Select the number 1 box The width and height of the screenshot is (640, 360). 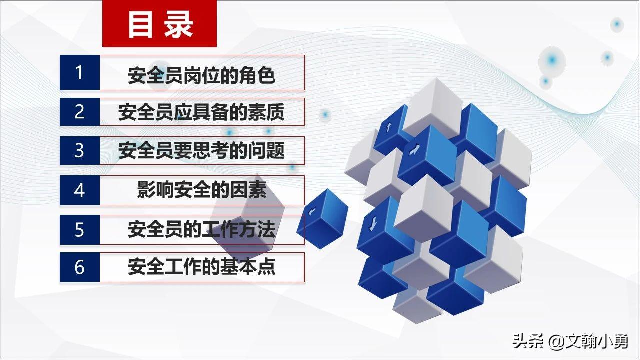point(80,73)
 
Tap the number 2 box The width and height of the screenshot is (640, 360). point(80,112)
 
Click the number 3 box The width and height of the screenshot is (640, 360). point(80,150)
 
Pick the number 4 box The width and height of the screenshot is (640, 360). point(80,190)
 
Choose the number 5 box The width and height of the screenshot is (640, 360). point(80,230)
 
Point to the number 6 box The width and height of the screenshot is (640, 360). point(80,267)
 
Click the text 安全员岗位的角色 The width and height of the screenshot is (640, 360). point(201,76)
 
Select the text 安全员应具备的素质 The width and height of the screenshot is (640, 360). point(201,112)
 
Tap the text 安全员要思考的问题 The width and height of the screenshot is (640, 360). point(201,151)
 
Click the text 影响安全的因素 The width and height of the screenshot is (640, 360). point(201,190)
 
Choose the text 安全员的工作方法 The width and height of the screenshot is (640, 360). point(201,230)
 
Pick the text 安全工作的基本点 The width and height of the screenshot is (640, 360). point(201,267)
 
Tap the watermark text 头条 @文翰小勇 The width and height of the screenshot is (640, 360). point(570,341)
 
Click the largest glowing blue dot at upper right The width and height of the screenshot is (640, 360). point(552,60)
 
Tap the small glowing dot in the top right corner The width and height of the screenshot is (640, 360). point(617,24)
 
